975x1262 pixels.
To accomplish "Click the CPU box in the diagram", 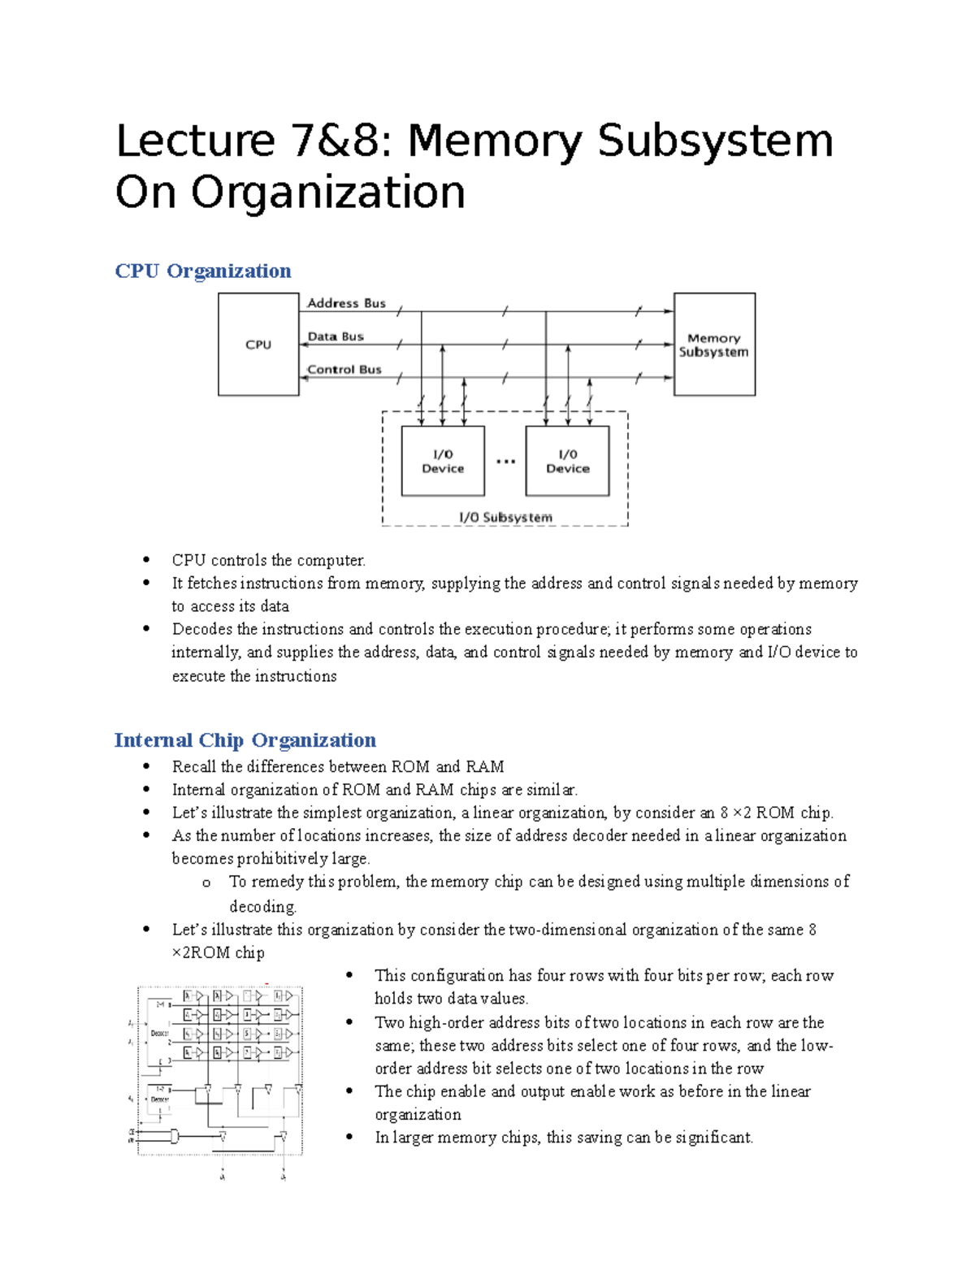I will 258,345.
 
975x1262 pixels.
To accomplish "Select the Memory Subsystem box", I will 714,345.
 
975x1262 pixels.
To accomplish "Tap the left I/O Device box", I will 443,461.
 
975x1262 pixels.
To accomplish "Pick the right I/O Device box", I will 567,461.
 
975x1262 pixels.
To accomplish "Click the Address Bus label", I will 346,303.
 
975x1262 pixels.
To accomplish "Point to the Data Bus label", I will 336,336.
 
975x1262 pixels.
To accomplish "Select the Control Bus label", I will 344,370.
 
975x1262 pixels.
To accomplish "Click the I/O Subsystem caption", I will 505,517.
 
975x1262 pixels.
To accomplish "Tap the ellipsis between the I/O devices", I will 505,462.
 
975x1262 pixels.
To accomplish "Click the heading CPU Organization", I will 203,271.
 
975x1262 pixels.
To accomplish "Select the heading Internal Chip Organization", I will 245,740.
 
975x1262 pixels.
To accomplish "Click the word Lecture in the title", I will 196,141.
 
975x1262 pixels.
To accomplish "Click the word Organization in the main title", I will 328,193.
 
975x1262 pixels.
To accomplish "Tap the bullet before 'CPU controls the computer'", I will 146,560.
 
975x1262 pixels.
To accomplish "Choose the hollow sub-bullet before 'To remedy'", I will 206,883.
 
